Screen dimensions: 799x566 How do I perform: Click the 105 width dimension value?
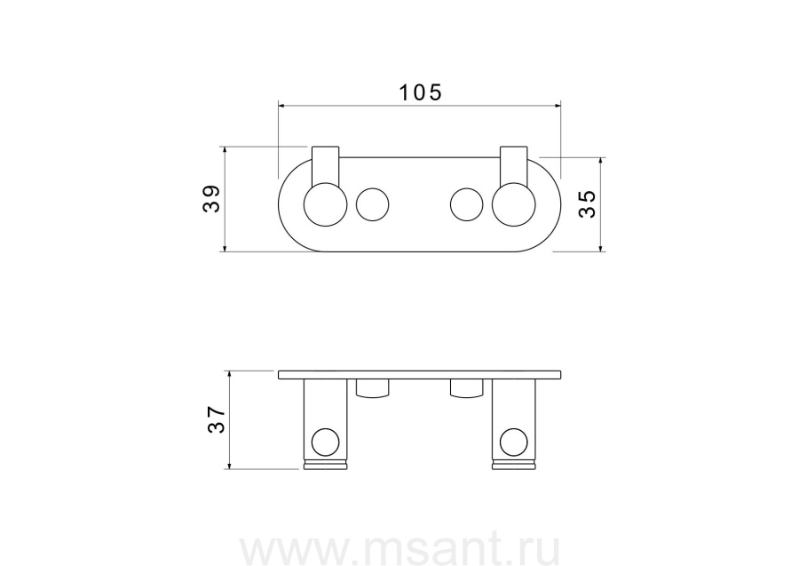tap(420, 92)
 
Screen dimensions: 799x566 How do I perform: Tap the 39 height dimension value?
tap(211, 198)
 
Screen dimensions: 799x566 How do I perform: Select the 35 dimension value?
tap(587, 203)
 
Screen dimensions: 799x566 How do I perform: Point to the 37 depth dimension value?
tap(216, 419)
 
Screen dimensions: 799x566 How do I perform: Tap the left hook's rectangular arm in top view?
tap(325, 166)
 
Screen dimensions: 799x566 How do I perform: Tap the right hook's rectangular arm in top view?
tap(514, 166)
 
